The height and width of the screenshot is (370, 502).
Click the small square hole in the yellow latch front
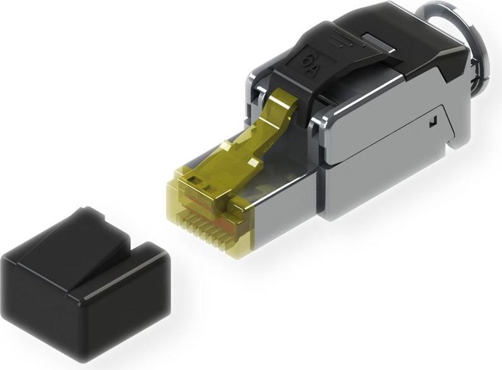(194, 181)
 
